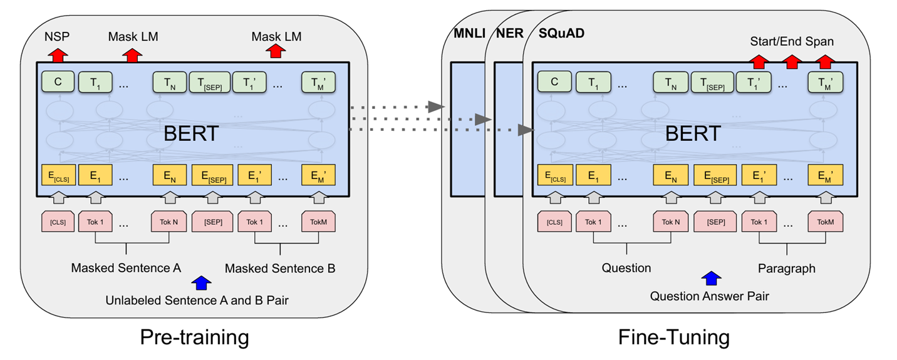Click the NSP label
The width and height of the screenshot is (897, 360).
[57, 37]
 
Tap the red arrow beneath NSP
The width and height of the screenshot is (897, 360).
[58, 55]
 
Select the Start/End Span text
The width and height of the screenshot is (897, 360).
[792, 42]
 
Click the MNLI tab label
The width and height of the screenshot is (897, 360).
[469, 33]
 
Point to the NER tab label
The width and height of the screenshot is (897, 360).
[510, 33]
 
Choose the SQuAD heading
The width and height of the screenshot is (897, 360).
[561, 33]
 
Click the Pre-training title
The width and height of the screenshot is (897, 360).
[194, 337]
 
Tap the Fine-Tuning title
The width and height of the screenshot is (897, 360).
[674, 337]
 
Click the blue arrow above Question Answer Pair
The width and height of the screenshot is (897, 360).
[711, 279]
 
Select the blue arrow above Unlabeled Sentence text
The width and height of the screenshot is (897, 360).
[202, 283]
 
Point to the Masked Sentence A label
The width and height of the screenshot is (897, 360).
[126, 268]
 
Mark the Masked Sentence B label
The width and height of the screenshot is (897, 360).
[280, 269]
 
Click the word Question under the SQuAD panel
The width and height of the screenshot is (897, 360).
[626, 268]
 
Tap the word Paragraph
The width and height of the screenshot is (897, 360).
[787, 269]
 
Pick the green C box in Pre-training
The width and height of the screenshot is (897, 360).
[58, 81]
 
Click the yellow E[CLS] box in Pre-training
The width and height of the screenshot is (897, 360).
[58, 175]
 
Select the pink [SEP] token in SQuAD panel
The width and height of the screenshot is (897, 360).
[715, 222]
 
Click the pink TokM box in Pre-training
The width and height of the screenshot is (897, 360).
[318, 222]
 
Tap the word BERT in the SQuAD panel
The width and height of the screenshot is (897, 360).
[693, 133]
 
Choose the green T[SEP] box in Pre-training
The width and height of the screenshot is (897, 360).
[210, 83]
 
